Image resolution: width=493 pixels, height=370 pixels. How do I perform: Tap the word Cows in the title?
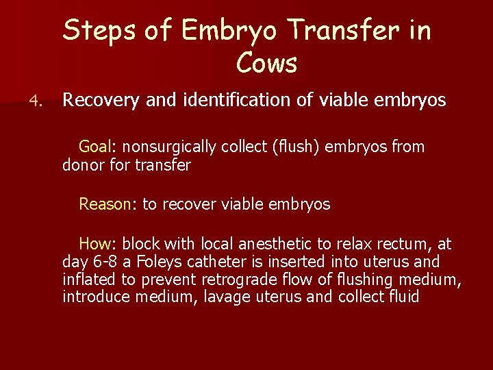[x=266, y=64]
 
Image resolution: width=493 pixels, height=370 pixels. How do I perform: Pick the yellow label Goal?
[x=99, y=147]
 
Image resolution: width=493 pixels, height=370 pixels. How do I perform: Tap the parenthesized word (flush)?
[x=299, y=147]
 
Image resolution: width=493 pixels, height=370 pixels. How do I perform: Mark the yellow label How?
[x=99, y=244]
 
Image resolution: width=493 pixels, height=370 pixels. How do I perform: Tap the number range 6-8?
[x=104, y=262]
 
